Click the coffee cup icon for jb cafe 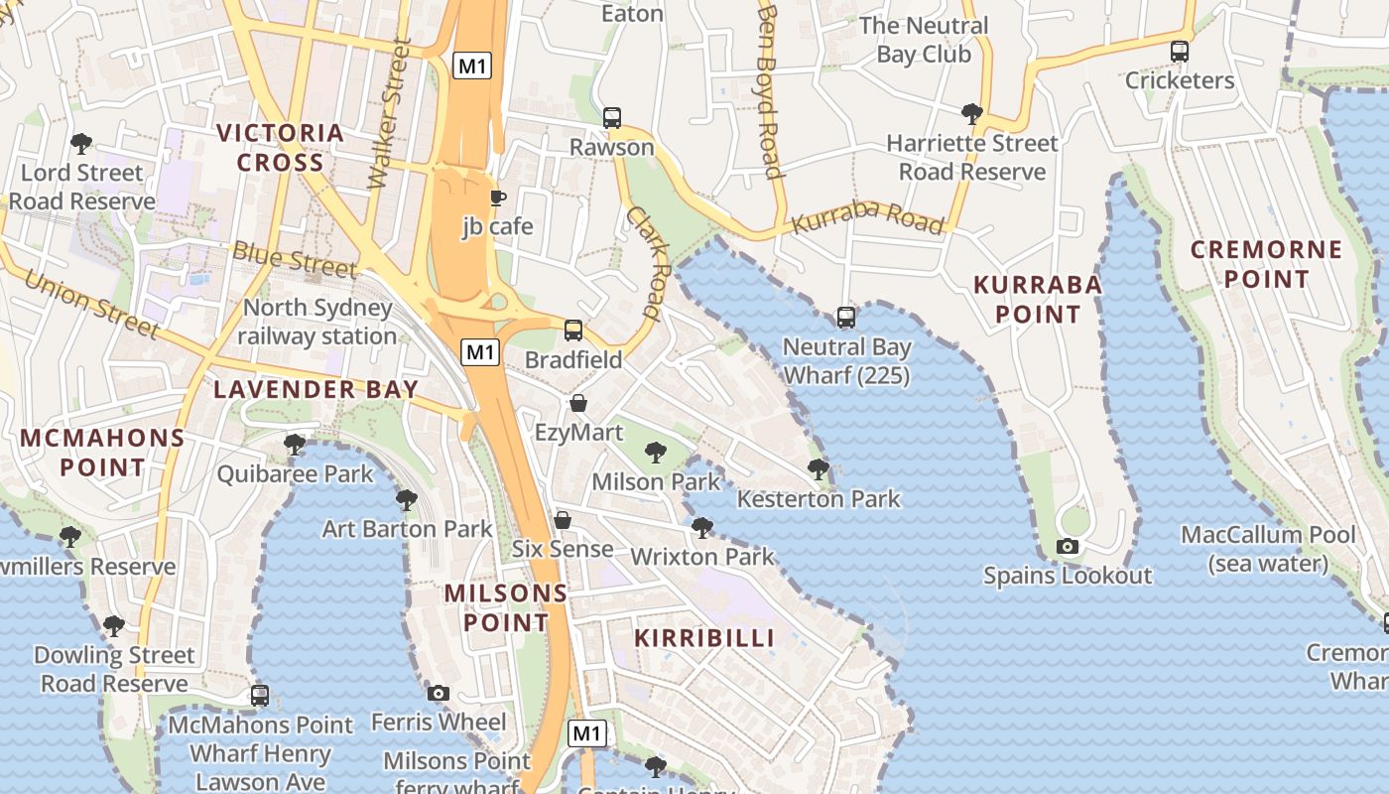click(x=498, y=198)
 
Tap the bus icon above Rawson click(x=612, y=118)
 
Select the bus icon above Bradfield click(x=573, y=331)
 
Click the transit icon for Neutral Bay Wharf click(x=846, y=318)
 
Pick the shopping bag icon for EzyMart click(x=578, y=403)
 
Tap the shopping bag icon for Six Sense click(x=563, y=520)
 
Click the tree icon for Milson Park click(x=655, y=454)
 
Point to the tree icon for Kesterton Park click(x=819, y=468)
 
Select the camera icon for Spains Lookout click(x=1068, y=546)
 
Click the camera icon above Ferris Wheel click(x=439, y=693)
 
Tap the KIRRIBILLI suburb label click(x=704, y=638)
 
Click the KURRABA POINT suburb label click(x=1038, y=300)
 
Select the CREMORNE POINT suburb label click(x=1266, y=264)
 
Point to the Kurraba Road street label click(x=869, y=221)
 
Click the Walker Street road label click(x=388, y=113)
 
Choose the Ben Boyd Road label click(x=770, y=89)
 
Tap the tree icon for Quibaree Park click(x=295, y=444)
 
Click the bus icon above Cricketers click(x=1180, y=51)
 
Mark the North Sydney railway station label click(x=317, y=323)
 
